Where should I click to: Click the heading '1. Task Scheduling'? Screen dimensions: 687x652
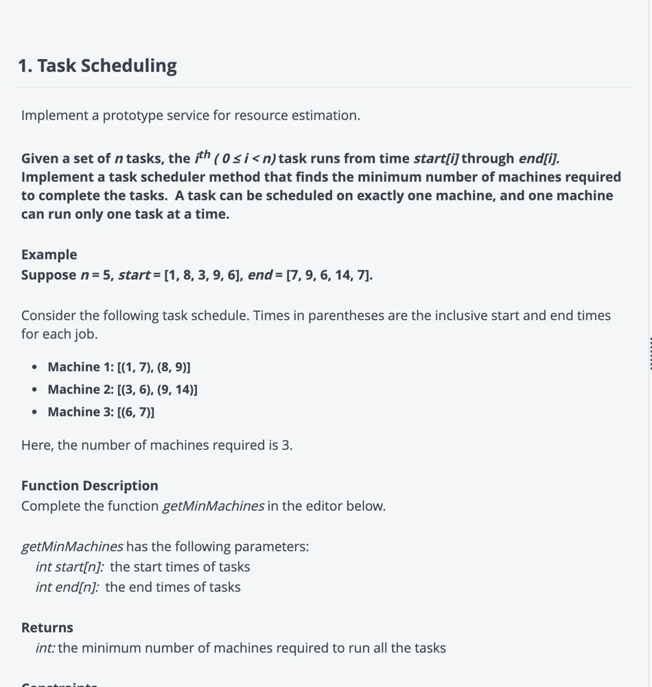click(97, 66)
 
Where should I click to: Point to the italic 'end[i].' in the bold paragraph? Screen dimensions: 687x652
click(539, 159)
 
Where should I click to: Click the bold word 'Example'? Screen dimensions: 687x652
click(49, 255)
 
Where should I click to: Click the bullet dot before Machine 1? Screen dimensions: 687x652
click(35, 368)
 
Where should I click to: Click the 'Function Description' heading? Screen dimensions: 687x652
click(89, 486)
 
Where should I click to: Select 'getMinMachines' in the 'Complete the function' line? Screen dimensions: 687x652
click(213, 506)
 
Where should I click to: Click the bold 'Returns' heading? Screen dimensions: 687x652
click(47, 628)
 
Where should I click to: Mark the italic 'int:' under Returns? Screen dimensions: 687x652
click(45, 649)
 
